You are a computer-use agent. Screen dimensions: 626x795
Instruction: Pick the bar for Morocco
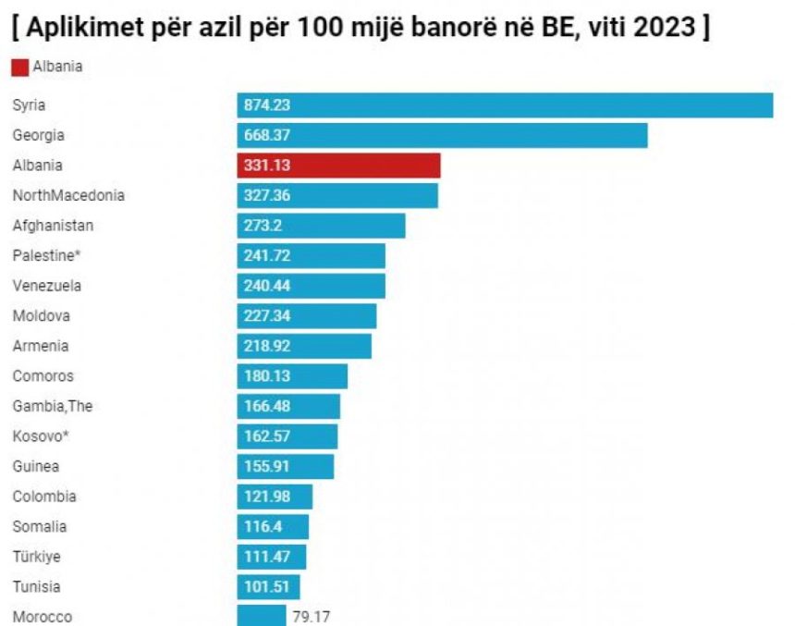262,616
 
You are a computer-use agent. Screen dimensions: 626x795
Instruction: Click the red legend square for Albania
20,67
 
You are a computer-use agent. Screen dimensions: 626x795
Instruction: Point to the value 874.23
267,105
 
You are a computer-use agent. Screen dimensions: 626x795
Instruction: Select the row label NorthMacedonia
68,195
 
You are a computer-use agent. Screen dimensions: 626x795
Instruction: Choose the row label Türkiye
38,557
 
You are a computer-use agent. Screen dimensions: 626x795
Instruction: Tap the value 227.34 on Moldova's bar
267,316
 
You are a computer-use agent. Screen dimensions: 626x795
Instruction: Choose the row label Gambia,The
53,406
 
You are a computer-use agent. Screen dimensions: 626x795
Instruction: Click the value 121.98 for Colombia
267,497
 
